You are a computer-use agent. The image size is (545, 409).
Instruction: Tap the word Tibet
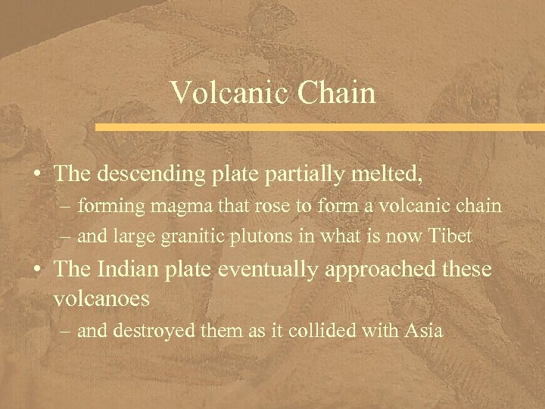452,237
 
